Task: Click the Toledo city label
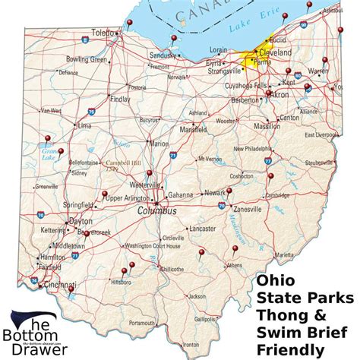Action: [101, 33]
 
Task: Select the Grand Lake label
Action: [49, 153]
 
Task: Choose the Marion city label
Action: [159, 143]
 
